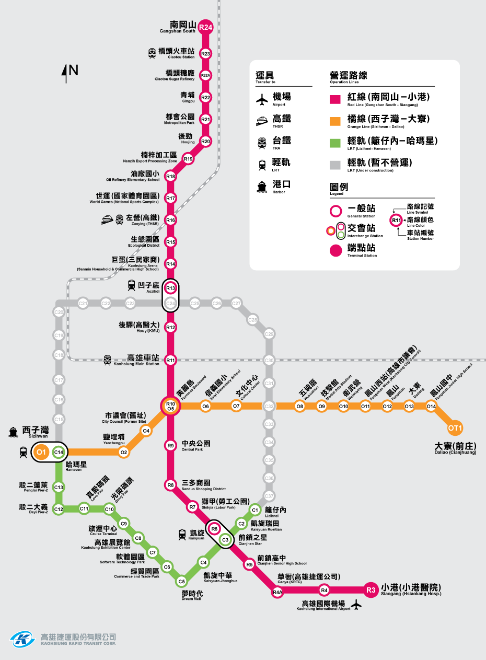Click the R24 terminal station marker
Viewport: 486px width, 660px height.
(206, 28)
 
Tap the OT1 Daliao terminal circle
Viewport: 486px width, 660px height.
(455, 428)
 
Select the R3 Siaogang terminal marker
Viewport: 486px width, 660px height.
(371, 590)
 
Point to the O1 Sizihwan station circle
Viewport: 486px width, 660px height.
(42, 451)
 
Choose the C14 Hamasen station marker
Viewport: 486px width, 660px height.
(59, 451)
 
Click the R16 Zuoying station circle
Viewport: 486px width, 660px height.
(170, 220)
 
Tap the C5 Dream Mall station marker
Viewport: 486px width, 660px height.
(181, 581)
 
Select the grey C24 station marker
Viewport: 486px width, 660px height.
(170, 303)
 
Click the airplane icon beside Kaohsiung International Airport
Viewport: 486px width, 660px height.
(357, 605)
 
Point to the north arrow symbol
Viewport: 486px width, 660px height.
(66, 73)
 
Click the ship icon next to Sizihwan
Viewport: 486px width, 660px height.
(14, 432)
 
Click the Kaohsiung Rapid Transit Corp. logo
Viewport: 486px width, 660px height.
(22, 639)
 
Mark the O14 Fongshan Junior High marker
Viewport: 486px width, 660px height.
(431, 406)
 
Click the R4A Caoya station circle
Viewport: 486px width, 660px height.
(277, 593)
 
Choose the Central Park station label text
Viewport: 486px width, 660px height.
(196, 444)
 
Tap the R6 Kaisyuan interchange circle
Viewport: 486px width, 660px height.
(214, 529)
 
